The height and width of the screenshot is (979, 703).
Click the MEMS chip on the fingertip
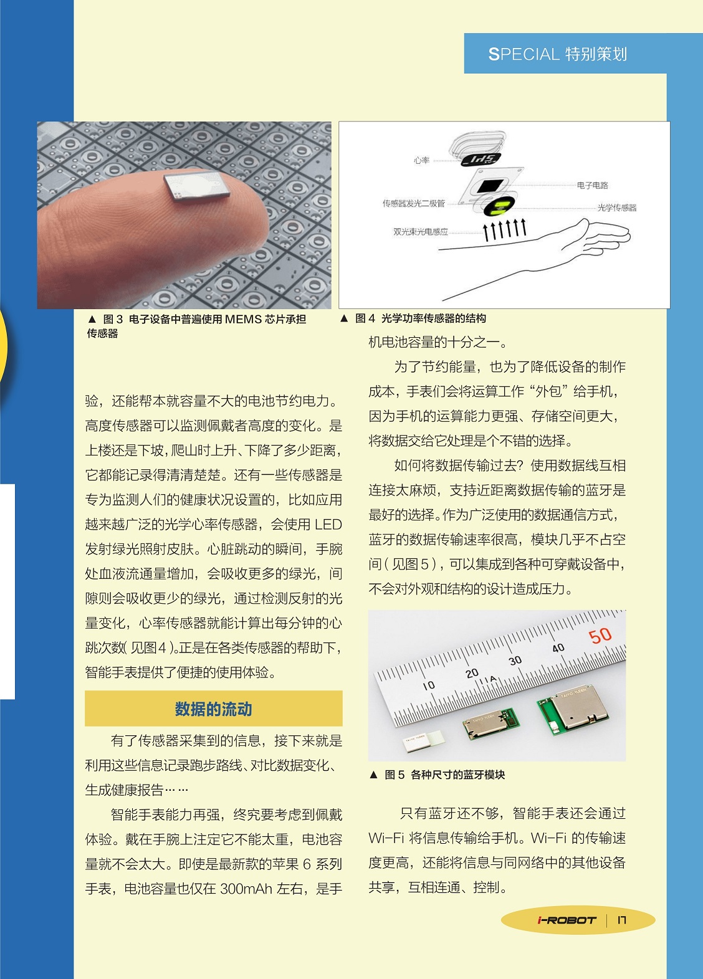coord(197,186)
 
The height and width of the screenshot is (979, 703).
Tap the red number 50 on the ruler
coord(600,636)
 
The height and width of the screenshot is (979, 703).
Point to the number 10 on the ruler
coord(429,685)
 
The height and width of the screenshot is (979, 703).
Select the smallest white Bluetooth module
coord(423,742)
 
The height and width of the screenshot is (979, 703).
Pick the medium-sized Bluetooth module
coord(491,724)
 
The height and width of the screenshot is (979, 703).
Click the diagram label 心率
coord(422,160)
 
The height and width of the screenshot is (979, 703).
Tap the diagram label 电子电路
coord(593,185)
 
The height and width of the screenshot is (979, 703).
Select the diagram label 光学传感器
coord(617,208)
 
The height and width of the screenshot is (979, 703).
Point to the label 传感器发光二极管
coord(414,203)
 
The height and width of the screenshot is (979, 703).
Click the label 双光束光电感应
coord(421,232)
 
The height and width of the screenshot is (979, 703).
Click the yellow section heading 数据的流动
coord(213,709)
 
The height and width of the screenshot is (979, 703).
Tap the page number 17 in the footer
coord(622,920)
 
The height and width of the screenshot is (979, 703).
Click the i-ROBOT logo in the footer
coord(567,920)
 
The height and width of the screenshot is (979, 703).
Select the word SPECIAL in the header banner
coord(524,54)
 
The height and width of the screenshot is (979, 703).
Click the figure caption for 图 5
coord(437,775)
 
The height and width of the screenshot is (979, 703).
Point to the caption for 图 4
coord(413,318)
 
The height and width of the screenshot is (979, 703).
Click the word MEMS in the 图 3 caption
coord(243,319)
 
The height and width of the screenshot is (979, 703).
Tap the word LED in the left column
coord(328,524)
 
